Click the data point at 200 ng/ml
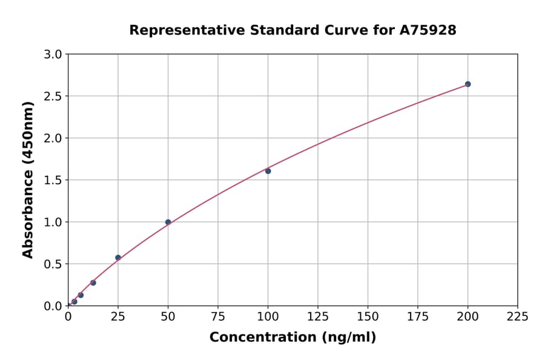pos(467,84)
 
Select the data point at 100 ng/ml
pos(268,171)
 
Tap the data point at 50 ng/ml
pos(168,222)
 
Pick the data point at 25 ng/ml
pos(118,258)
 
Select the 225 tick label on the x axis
pos(517,316)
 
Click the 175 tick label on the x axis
pos(417,316)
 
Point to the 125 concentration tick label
pos(317,316)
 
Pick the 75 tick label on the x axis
pos(217,316)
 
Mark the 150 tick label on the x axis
pos(368,316)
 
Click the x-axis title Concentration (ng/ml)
pos(292,338)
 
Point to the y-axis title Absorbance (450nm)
pos(28,180)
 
